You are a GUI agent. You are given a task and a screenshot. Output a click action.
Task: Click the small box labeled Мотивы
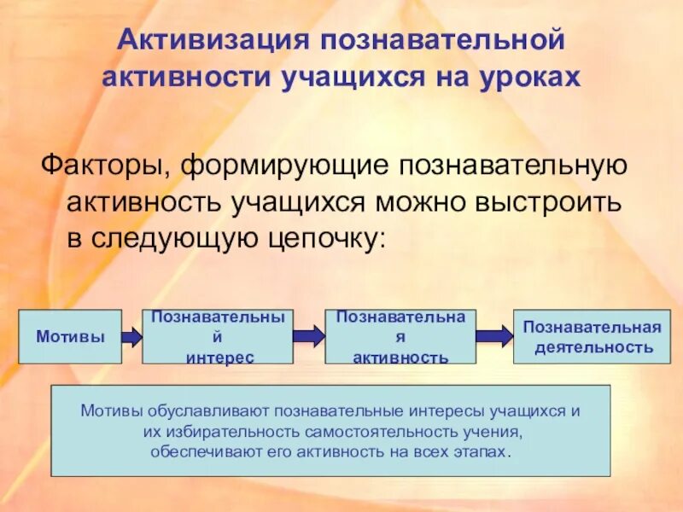[70, 336]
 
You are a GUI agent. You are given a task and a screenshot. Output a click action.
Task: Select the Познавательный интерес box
[217, 336]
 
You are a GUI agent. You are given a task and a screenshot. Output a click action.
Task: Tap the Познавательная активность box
[400, 336]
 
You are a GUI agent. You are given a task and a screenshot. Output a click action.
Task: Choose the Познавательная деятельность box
[592, 336]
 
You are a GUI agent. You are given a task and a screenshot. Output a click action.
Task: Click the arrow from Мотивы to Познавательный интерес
[131, 336]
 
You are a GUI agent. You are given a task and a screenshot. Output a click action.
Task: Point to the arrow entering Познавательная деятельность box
[493, 336]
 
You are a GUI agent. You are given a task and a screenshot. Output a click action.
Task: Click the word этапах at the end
[483, 452]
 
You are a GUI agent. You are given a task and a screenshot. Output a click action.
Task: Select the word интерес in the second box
[219, 358]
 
